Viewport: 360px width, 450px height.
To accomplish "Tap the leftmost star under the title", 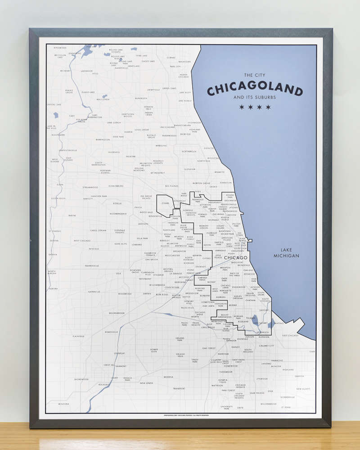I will [x=242, y=107].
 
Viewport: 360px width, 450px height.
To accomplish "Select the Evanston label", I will [x=225, y=183].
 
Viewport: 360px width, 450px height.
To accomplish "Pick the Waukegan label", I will [x=184, y=62].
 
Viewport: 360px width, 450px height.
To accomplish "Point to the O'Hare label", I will [x=165, y=203].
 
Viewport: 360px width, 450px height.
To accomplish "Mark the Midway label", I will [x=211, y=282].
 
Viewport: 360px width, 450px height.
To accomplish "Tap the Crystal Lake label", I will [x=54, y=104].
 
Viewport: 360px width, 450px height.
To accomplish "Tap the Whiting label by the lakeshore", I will [x=279, y=323].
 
